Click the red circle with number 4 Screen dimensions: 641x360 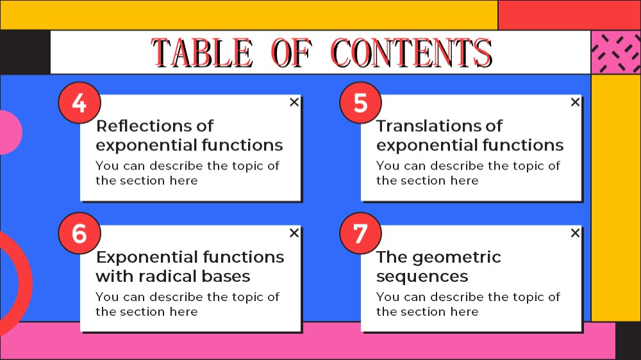point(79,102)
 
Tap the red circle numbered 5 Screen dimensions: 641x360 point(360,102)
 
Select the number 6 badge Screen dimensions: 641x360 point(79,233)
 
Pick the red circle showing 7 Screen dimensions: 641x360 point(360,233)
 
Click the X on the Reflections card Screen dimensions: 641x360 point(294,102)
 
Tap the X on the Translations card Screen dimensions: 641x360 point(575,102)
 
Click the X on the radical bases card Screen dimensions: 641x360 point(294,233)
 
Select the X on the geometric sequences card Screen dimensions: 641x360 point(575,233)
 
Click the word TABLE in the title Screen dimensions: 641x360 point(202,53)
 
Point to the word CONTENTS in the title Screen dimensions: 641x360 point(412,53)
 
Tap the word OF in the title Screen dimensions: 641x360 point(292,53)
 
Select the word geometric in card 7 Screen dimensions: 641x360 point(456,257)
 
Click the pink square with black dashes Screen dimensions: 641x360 point(615,53)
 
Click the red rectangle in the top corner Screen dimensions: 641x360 point(569,15)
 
